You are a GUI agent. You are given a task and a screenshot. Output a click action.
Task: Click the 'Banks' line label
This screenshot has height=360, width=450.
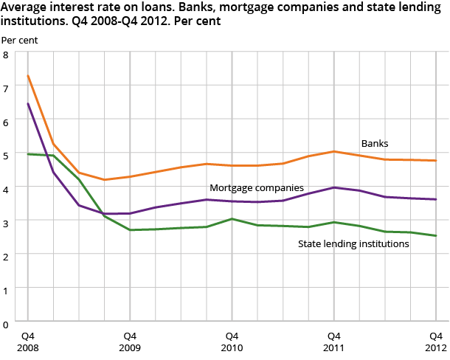[374, 143]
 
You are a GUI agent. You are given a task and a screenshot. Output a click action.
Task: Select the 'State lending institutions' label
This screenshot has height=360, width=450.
[353, 243]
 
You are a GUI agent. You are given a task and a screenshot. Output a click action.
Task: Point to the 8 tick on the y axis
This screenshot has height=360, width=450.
[6, 55]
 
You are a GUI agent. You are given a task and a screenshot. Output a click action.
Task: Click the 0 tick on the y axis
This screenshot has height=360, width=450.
[6, 323]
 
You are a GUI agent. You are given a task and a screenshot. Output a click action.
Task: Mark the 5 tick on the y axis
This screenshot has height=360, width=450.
[6, 156]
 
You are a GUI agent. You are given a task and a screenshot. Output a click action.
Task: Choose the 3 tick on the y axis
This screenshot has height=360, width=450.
[6, 223]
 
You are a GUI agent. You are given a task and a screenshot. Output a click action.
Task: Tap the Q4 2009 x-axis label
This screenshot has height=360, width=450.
[130, 341]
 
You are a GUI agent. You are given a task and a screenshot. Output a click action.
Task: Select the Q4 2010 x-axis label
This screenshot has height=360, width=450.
[232, 341]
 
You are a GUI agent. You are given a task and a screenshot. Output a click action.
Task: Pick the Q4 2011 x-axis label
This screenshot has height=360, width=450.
[333, 341]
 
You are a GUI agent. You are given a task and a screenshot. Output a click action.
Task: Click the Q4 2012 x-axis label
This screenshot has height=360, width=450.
[435, 341]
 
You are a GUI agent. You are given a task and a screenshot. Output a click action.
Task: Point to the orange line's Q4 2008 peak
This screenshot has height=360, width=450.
[28, 75]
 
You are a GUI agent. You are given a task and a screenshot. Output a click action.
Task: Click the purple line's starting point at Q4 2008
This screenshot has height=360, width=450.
[28, 103]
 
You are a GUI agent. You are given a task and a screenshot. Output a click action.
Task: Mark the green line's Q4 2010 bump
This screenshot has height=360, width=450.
[232, 218]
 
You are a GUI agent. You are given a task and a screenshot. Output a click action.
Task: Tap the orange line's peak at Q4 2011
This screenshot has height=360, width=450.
[333, 151]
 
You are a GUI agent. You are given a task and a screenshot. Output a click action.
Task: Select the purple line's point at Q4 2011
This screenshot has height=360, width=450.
[333, 187]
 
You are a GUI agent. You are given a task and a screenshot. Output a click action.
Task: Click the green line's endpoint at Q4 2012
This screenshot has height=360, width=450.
[435, 236]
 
